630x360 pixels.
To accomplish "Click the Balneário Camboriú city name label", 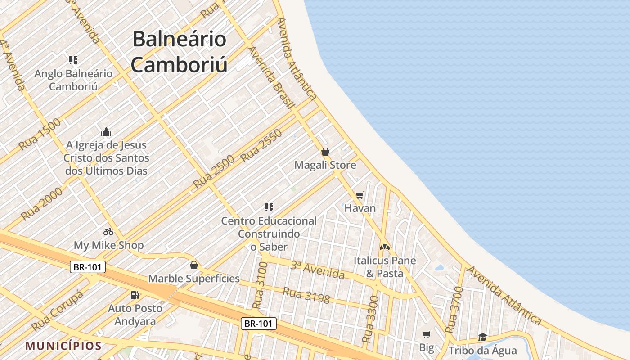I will coord(179,52).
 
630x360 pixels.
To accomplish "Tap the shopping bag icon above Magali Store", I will coord(325,152).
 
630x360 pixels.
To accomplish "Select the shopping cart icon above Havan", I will coord(360,195).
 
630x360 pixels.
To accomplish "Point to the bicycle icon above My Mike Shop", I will coord(108,232).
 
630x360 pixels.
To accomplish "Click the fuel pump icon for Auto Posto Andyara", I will coord(135,295).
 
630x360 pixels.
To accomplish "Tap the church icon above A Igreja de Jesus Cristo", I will coord(106,132).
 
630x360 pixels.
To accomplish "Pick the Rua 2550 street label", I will coord(261,146).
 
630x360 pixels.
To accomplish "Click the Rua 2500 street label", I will coord(214,171).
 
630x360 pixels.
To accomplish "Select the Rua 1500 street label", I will coord(40,134).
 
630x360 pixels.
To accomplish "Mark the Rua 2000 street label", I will coord(42,203).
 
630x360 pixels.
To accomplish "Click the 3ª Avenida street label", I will coord(317,270).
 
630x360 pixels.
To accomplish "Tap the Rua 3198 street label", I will coord(306,295).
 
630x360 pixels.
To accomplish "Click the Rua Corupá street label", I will coord(58,310).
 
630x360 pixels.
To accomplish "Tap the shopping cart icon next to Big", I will coord(426,334).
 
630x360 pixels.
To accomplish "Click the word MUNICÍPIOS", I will coord(63,346).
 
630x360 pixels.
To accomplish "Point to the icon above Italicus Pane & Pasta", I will coord(384,247).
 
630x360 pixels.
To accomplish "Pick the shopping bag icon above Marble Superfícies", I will coord(194,265).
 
